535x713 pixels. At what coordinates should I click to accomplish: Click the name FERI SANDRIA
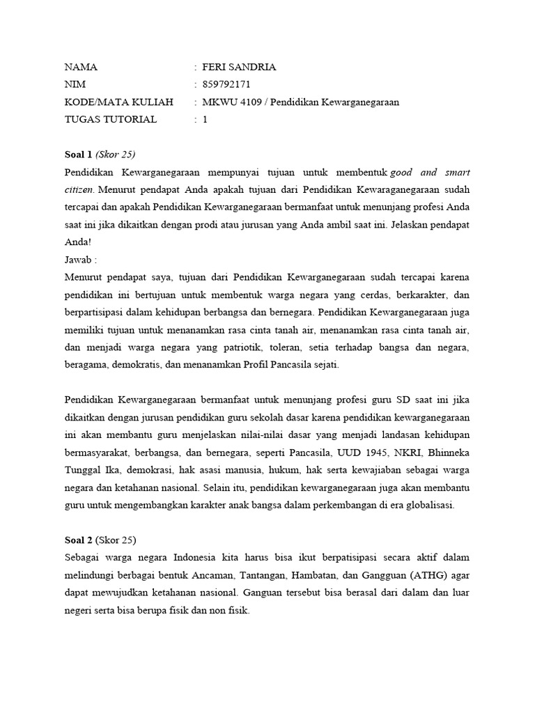click(x=239, y=68)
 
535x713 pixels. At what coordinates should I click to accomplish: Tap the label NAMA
click(x=81, y=68)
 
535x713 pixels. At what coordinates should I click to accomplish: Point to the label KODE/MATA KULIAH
click(x=118, y=102)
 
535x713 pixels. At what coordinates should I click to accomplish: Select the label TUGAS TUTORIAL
click(x=110, y=120)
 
